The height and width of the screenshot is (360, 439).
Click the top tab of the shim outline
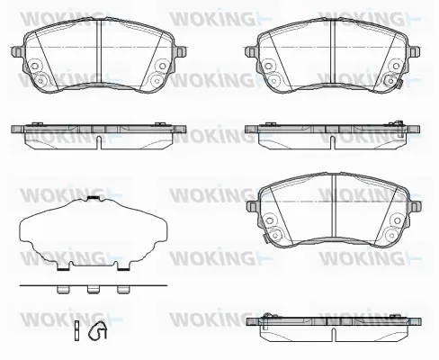(x=93, y=196)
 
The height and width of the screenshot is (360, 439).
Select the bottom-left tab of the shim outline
(x=63, y=267)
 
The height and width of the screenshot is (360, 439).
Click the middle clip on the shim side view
(x=93, y=290)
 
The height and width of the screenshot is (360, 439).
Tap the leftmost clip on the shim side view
(x=63, y=290)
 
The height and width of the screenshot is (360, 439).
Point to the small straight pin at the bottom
(x=77, y=330)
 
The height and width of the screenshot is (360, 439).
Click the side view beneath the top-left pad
(x=96, y=132)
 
